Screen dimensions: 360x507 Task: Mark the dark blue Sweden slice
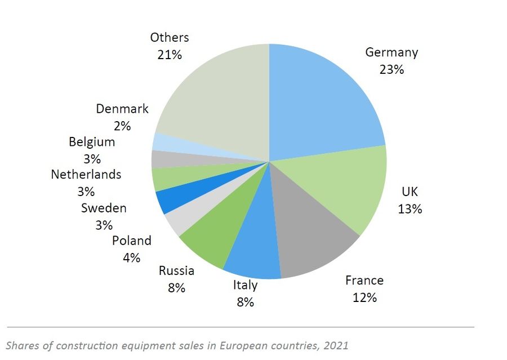pyautogui.click(x=169, y=199)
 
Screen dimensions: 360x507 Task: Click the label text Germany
pyautogui.click(x=392, y=53)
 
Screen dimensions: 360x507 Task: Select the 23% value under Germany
pyautogui.click(x=392, y=70)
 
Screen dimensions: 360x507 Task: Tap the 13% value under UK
pyautogui.click(x=410, y=209)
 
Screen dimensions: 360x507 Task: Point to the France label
pyautogui.click(x=364, y=281)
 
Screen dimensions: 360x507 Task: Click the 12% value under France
pyautogui.click(x=364, y=297)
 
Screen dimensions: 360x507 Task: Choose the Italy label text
pyautogui.click(x=245, y=285)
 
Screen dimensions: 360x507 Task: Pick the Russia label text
pyautogui.click(x=176, y=271)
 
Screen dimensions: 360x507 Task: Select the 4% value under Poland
pyautogui.click(x=132, y=258)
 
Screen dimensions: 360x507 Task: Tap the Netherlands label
pyautogui.click(x=86, y=175)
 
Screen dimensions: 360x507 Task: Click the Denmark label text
pyautogui.click(x=122, y=109)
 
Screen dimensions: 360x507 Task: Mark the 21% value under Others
pyautogui.click(x=169, y=55)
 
